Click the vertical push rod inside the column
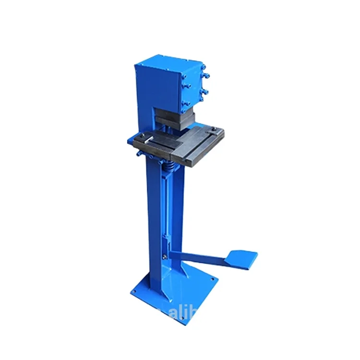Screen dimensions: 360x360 point(166,211)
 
